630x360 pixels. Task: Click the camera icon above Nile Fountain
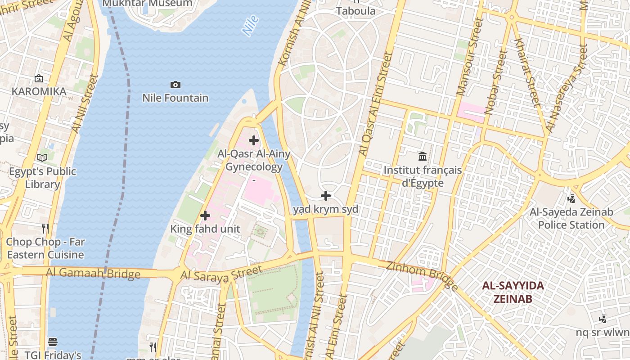175,85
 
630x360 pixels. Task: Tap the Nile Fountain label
175,98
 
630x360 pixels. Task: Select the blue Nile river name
250,25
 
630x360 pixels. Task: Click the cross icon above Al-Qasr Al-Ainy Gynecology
254,140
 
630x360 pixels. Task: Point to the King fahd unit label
205,229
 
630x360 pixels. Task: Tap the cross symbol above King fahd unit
205,216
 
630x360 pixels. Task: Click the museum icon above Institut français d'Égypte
423,157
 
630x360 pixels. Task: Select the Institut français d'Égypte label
423,176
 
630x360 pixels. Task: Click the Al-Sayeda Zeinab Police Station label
571,218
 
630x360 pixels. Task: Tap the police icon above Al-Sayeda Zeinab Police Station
571,198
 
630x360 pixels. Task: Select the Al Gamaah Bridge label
93,273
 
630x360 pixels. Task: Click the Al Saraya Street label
221,274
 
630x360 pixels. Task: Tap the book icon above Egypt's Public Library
42,158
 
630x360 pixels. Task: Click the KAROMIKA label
39,91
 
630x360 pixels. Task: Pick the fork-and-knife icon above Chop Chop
45,228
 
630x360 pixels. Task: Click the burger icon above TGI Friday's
53,342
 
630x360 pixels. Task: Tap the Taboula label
355,11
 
